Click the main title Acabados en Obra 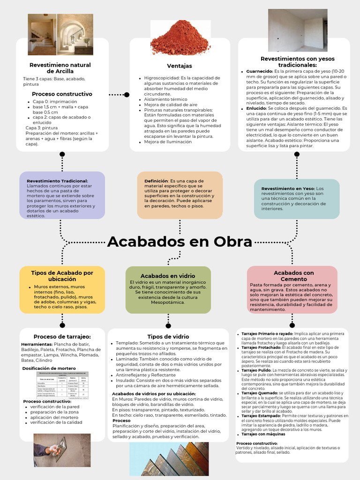(180, 242)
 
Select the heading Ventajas (180, 66)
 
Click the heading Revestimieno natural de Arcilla (60, 68)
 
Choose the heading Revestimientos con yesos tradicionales (298, 61)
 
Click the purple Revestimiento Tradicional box (62, 195)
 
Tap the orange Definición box (180, 195)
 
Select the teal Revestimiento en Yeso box (296, 199)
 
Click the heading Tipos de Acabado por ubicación (62, 276)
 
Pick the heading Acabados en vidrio (168, 276)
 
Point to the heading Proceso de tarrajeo (62, 337)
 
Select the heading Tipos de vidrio (168, 337)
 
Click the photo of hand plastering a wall (62, 450)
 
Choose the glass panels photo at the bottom (169, 458)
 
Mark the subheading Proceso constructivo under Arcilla (62, 94)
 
